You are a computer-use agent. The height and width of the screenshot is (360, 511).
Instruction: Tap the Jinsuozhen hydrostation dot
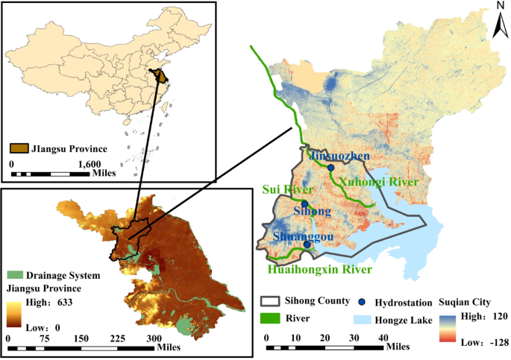(x=330, y=168)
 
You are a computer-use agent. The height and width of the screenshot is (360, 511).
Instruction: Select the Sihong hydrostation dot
(x=304, y=203)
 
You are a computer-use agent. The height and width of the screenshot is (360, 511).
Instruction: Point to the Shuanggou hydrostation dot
(x=307, y=244)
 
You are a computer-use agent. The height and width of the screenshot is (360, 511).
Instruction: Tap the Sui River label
(x=280, y=191)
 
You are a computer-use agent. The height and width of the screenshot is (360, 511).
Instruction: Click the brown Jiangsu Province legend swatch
(x=19, y=148)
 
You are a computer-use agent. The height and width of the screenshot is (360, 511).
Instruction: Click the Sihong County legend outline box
(x=269, y=301)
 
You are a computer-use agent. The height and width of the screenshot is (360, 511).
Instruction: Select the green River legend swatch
(x=269, y=318)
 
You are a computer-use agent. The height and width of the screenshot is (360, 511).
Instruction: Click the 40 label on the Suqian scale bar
(x=383, y=336)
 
